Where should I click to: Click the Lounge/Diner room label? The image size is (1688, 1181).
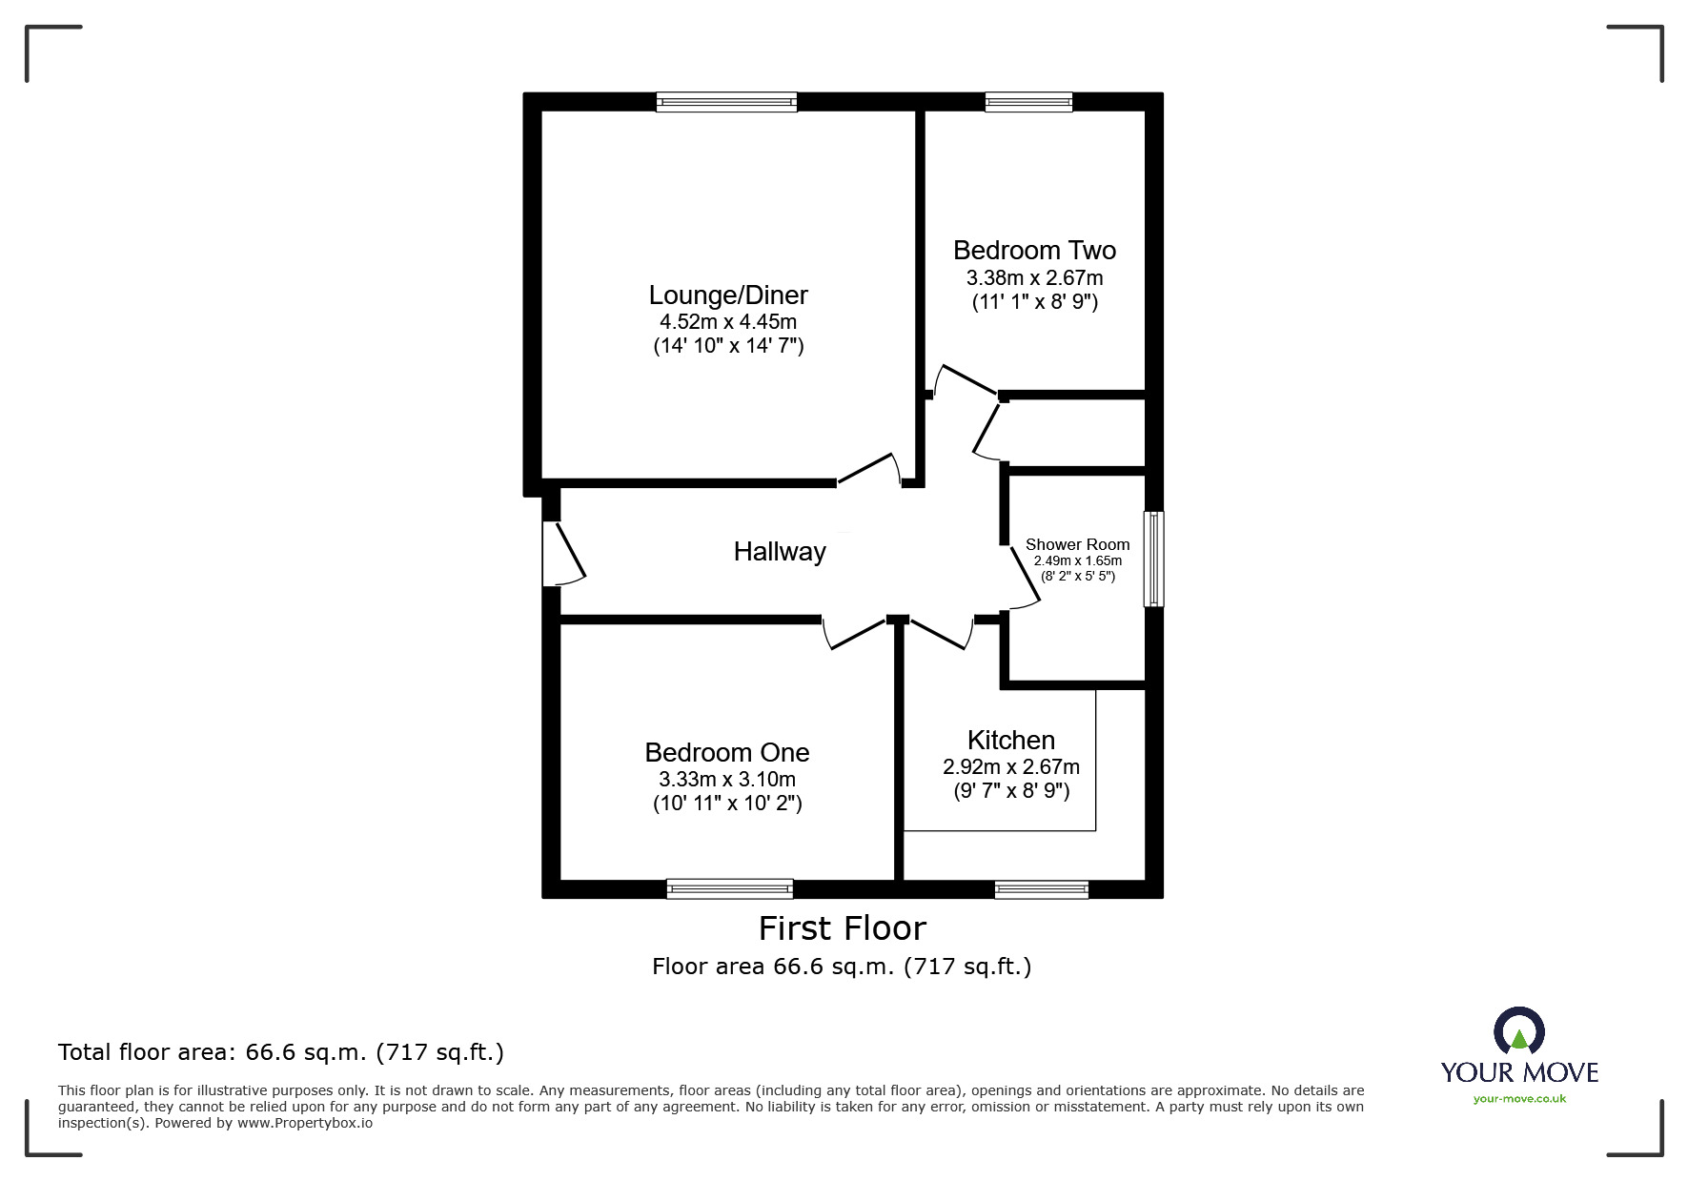tap(728, 295)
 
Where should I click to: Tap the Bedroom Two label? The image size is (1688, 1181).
tap(1034, 251)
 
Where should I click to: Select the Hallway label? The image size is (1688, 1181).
tap(779, 552)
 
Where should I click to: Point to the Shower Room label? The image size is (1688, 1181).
tap(1077, 544)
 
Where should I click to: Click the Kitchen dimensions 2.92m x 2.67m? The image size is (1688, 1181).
tap(1010, 767)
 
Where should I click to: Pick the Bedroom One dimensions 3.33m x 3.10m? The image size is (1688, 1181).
tap(726, 780)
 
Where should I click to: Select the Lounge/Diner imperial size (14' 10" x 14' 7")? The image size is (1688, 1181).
tap(728, 346)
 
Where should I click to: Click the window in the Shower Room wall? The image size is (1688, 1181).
tap(1153, 560)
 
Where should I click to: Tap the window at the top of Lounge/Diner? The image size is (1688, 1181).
tap(726, 102)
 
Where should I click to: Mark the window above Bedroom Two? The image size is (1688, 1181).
tap(1028, 102)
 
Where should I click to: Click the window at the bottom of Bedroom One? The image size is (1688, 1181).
tap(730, 888)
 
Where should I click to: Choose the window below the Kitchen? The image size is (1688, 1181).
tap(1041, 889)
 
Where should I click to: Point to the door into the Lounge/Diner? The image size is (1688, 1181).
tap(867, 468)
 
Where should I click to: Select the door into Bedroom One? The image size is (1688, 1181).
tap(856, 635)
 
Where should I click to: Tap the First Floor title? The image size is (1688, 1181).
tap(842, 928)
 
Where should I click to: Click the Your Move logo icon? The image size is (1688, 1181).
tap(1518, 1031)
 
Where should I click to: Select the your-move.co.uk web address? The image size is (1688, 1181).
tap(1519, 1099)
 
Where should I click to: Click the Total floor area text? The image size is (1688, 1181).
tap(281, 1052)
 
